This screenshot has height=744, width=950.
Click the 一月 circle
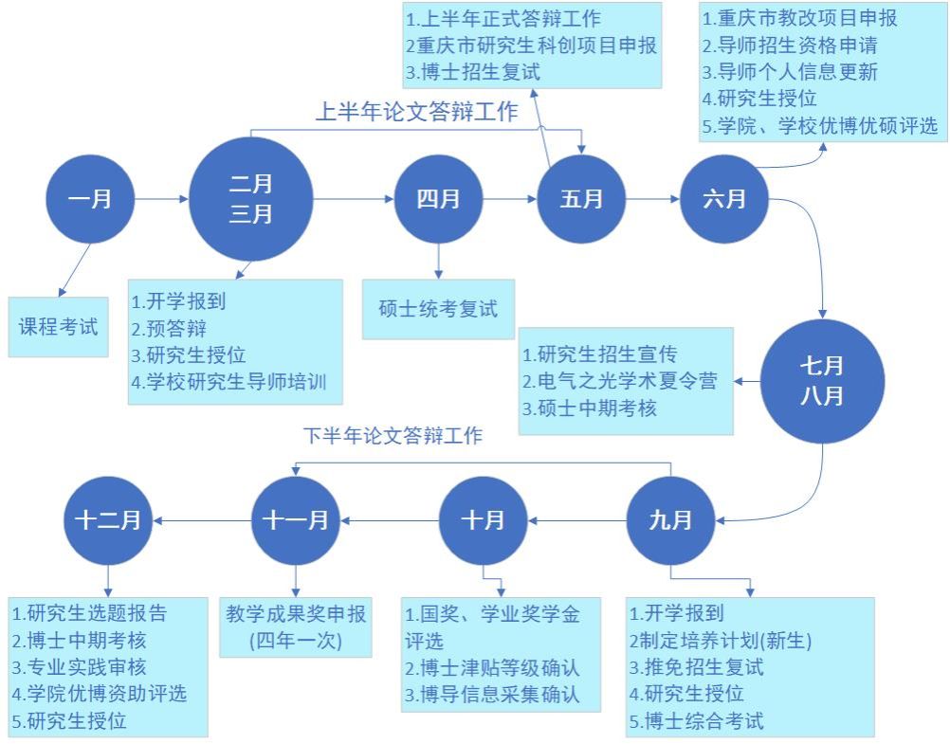[90, 199]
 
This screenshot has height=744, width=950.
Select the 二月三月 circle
[250, 199]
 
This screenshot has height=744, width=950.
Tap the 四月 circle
[438, 199]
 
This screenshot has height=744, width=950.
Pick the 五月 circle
[581, 199]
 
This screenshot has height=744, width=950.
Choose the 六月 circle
[723, 199]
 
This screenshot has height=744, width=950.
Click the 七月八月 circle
[821, 381]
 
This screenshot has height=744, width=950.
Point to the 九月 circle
[670, 519]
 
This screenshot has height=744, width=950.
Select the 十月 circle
[483, 519]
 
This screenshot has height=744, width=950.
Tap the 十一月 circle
[295, 519]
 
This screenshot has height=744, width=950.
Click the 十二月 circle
[107, 519]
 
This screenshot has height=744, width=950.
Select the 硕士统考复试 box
[438, 309]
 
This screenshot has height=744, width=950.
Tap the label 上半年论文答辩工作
[416, 112]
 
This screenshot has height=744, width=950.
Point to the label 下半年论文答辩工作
[393, 436]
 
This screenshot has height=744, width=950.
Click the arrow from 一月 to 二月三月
[161, 199]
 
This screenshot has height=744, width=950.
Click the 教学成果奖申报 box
[295, 626]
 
